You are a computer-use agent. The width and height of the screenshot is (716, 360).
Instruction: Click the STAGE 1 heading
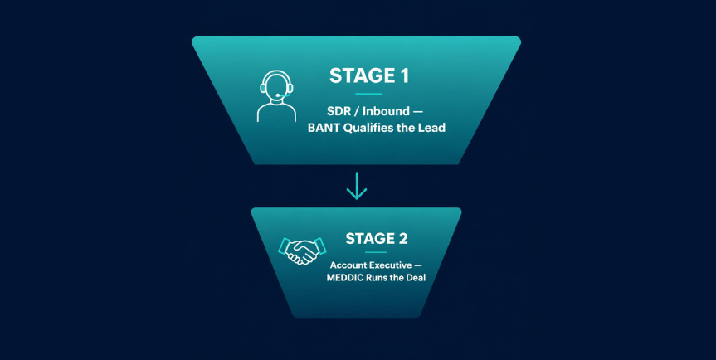[369, 75]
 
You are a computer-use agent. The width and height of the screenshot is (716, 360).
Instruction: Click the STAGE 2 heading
[377, 239]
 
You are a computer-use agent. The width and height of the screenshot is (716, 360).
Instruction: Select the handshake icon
[302, 251]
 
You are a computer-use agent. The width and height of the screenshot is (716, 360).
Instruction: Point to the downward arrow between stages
[357, 186]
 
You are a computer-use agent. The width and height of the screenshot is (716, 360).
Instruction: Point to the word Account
[347, 265]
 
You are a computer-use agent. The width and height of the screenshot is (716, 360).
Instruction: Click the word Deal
[415, 277]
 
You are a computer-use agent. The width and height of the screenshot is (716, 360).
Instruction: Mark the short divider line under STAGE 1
[368, 94]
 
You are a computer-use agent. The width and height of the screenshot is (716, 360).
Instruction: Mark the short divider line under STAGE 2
[377, 252]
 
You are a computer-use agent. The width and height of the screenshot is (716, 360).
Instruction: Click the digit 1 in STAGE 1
[404, 75]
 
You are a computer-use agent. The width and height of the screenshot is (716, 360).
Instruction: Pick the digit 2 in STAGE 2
[402, 239]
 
